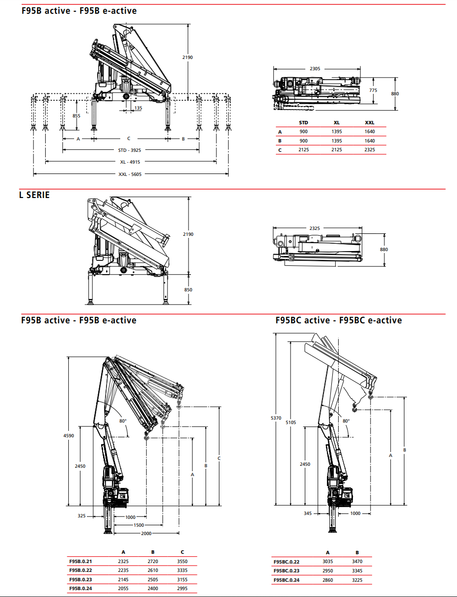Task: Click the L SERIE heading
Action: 34,195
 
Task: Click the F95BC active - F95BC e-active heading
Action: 339,320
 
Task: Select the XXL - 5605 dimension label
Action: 130,174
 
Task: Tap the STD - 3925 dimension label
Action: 130,150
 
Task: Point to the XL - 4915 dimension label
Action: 130,162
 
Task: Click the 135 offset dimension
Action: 138,108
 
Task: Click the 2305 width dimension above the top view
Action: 315,69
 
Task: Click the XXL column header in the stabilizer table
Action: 369,122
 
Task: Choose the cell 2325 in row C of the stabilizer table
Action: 369,150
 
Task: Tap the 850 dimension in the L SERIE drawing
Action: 188,290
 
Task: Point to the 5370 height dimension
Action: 276,418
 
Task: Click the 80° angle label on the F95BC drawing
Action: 346,421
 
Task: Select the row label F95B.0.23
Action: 81,579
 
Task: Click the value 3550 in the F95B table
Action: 182,561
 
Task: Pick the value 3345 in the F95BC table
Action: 357,571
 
